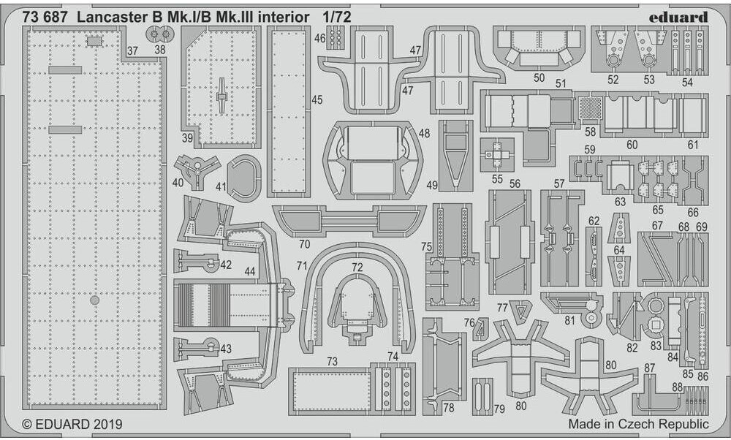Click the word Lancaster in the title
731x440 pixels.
click(122, 16)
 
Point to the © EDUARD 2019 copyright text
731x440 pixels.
click(72, 424)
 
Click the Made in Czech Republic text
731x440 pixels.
click(637, 424)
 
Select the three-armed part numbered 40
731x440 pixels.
click(194, 170)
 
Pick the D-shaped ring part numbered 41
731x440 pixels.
click(244, 176)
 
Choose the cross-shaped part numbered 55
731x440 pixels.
click(498, 154)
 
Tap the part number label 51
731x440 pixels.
click(561, 83)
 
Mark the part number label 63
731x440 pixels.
click(620, 201)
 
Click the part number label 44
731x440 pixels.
click(250, 271)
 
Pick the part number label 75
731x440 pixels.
click(426, 247)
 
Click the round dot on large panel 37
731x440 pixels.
click(94, 300)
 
